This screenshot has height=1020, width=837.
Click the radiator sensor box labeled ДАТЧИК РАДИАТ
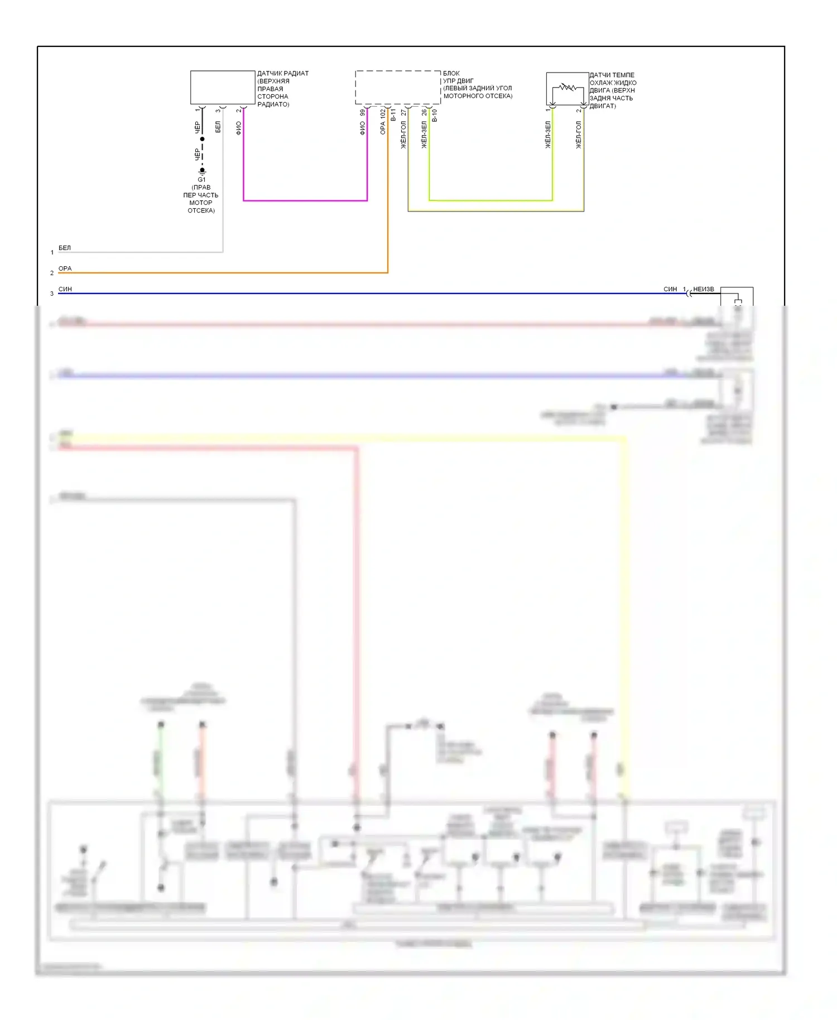pyautogui.click(x=223, y=87)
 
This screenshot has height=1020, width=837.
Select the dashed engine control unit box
pyautogui.click(x=398, y=87)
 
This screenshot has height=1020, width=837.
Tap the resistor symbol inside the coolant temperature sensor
pyautogui.click(x=567, y=87)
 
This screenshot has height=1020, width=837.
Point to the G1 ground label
pyautogui.click(x=201, y=180)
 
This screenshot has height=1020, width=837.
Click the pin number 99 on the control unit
pyautogui.click(x=363, y=113)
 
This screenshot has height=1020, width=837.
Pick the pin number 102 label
pyautogui.click(x=383, y=113)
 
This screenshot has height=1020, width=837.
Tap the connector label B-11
pyautogui.click(x=393, y=115)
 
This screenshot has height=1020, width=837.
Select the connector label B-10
pyautogui.click(x=435, y=115)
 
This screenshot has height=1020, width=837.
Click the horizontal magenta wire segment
pyautogui.click(x=305, y=200)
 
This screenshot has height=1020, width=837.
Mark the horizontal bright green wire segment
pyautogui.click(x=491, y=200)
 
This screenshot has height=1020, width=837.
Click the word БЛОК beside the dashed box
pyautogui.click(x=451, y=73)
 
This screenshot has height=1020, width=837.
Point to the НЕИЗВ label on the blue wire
pyautogui.click(x=703, y=289)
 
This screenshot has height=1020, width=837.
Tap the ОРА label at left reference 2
pyautogui.click(x=65, y=268)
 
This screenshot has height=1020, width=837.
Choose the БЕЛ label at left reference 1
pyautogui.click(x=65, y=248)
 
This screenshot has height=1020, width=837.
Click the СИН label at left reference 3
pyautogui.click(x=65, y=289)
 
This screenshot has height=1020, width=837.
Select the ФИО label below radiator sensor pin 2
pyautogui.click(x=239, y=128)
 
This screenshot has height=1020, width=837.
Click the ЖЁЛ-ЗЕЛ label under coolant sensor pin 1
pyautogui.click(x=548, y=134)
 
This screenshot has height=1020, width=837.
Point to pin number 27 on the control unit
pyautogui.click(x=403, y=113)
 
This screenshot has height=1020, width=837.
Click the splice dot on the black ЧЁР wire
pyautogui.click(x=202, y=139)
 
